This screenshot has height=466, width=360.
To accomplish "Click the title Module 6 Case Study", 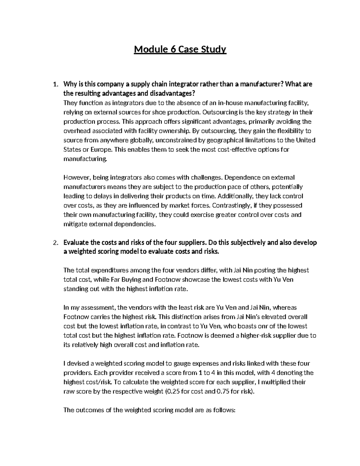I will [x=180, y=49].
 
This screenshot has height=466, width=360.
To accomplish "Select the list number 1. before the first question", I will [x=55, y=84].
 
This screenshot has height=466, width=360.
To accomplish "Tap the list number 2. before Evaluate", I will [x=55, y=242].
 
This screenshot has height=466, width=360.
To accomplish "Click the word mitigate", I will [x=74, y=224].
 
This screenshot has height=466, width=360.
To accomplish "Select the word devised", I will [x=78, y=363].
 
